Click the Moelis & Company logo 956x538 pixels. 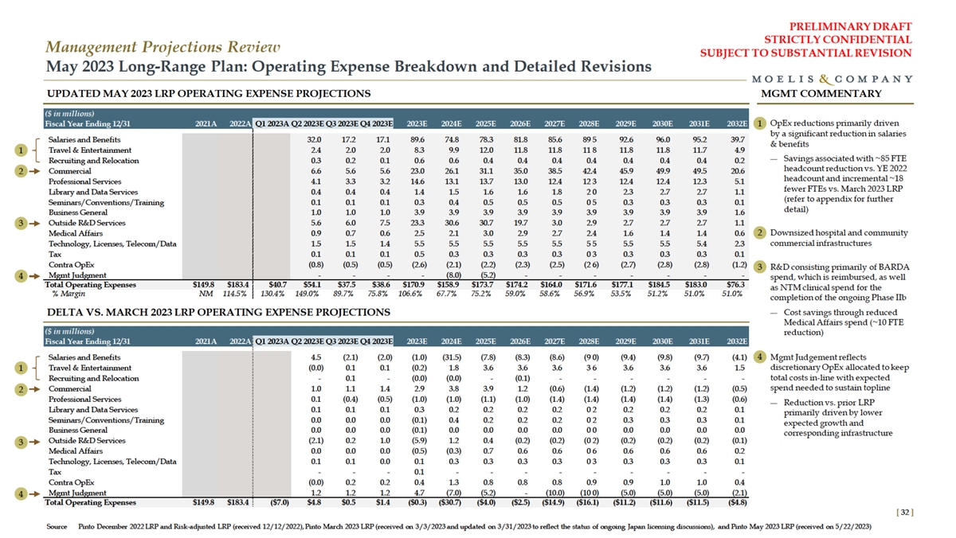point(832,79)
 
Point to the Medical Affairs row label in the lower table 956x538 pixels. point(73,450)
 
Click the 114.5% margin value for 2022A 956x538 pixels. point(237,292)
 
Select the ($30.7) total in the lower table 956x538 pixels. point(450,502)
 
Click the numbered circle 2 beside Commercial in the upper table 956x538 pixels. point(22,170)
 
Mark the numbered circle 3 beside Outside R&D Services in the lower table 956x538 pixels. point(22,440)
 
